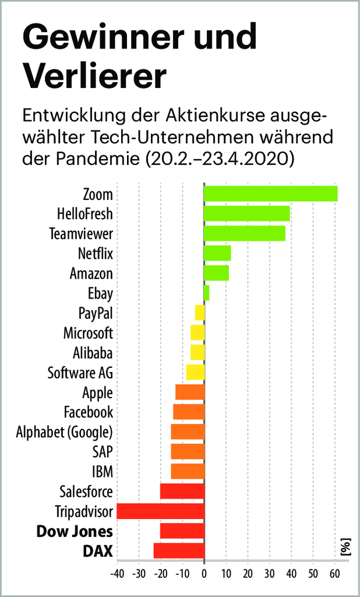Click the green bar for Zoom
270,194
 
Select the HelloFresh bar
246,213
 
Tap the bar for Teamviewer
244,233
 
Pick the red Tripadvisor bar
161,511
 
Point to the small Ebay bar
206,293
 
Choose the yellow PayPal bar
200,313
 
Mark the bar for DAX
179,551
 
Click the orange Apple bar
190,392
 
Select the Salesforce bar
182,491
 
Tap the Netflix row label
95,254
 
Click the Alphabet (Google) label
64,432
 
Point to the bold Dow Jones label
75,532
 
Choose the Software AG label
80,373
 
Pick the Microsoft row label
88,333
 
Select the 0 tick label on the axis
204,574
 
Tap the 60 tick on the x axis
334,574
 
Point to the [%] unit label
344,547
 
